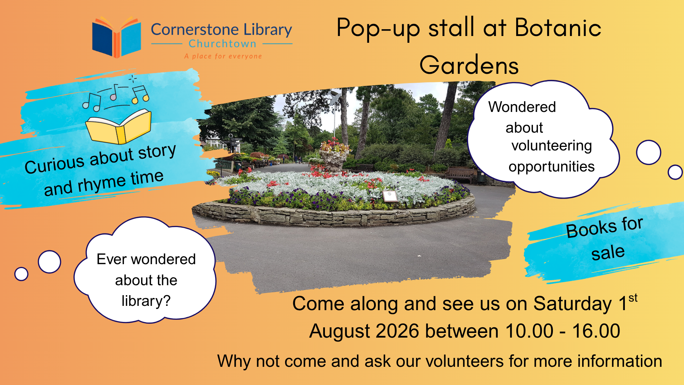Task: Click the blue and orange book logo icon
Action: [116, 37]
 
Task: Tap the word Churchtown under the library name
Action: [222, 44]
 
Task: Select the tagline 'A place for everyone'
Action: [223, 56]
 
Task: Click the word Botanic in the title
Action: [558, 27]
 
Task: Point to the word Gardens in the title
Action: [469, 65]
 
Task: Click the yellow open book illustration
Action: [119, 127]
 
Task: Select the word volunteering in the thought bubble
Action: [551, 146]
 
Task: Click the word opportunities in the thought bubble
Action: [551, 167]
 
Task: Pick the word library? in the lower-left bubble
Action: [146, 301]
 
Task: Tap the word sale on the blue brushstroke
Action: [608, 253]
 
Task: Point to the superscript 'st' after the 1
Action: [633, 298]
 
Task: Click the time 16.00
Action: [596, 331]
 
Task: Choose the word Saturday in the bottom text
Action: [572, 304]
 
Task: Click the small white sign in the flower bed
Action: [390, 196]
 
